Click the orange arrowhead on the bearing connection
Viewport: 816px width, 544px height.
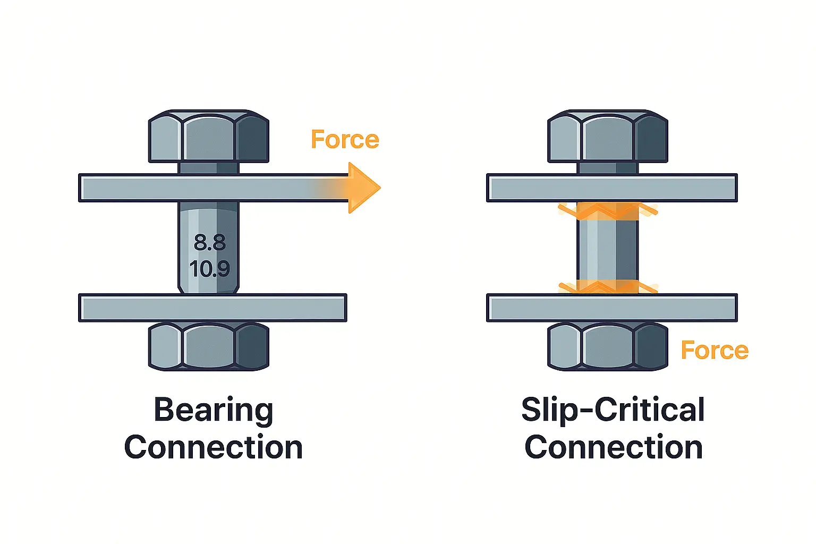tap(363, 188)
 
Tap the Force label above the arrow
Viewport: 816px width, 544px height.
tap(345, 140)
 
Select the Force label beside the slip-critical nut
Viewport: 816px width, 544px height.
tap(715, 351)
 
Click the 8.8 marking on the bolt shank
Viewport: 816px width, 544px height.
tap(209, 243)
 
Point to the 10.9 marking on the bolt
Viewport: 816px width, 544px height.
tap(209, 269)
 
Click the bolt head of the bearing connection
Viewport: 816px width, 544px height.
tap(208, 137)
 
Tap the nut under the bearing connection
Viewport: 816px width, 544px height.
tap(208, 346)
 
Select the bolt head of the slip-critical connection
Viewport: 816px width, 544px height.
tap(607, 137)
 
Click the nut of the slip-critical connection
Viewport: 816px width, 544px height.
tap(607, 346)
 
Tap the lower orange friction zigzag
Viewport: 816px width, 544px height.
tap(607, 287)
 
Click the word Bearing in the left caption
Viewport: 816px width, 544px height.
tap(214, 411)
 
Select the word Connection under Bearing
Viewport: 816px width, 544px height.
tap(214, 447)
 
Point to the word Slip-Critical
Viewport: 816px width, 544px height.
tap(613, 411)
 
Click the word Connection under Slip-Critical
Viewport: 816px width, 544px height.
tap(614, 447)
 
